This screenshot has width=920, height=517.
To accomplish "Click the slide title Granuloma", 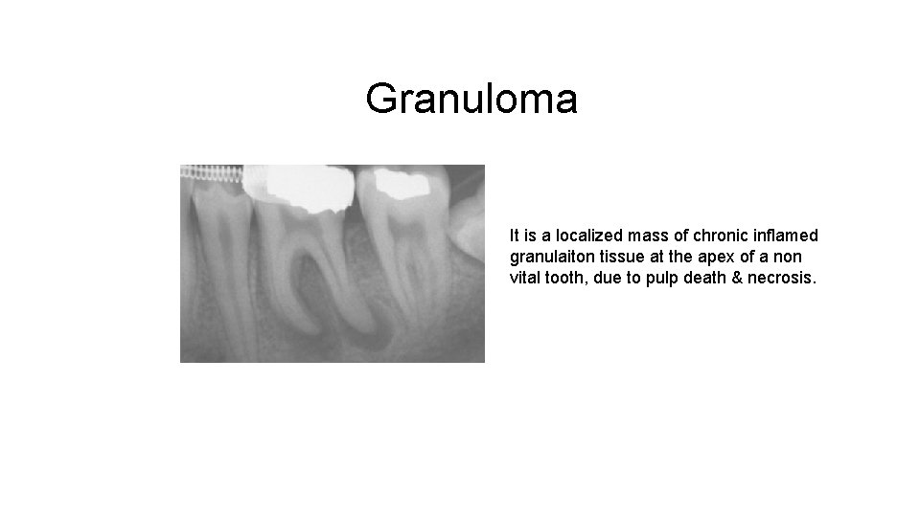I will (471, 99).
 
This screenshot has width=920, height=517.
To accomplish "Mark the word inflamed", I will (789, 235).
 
